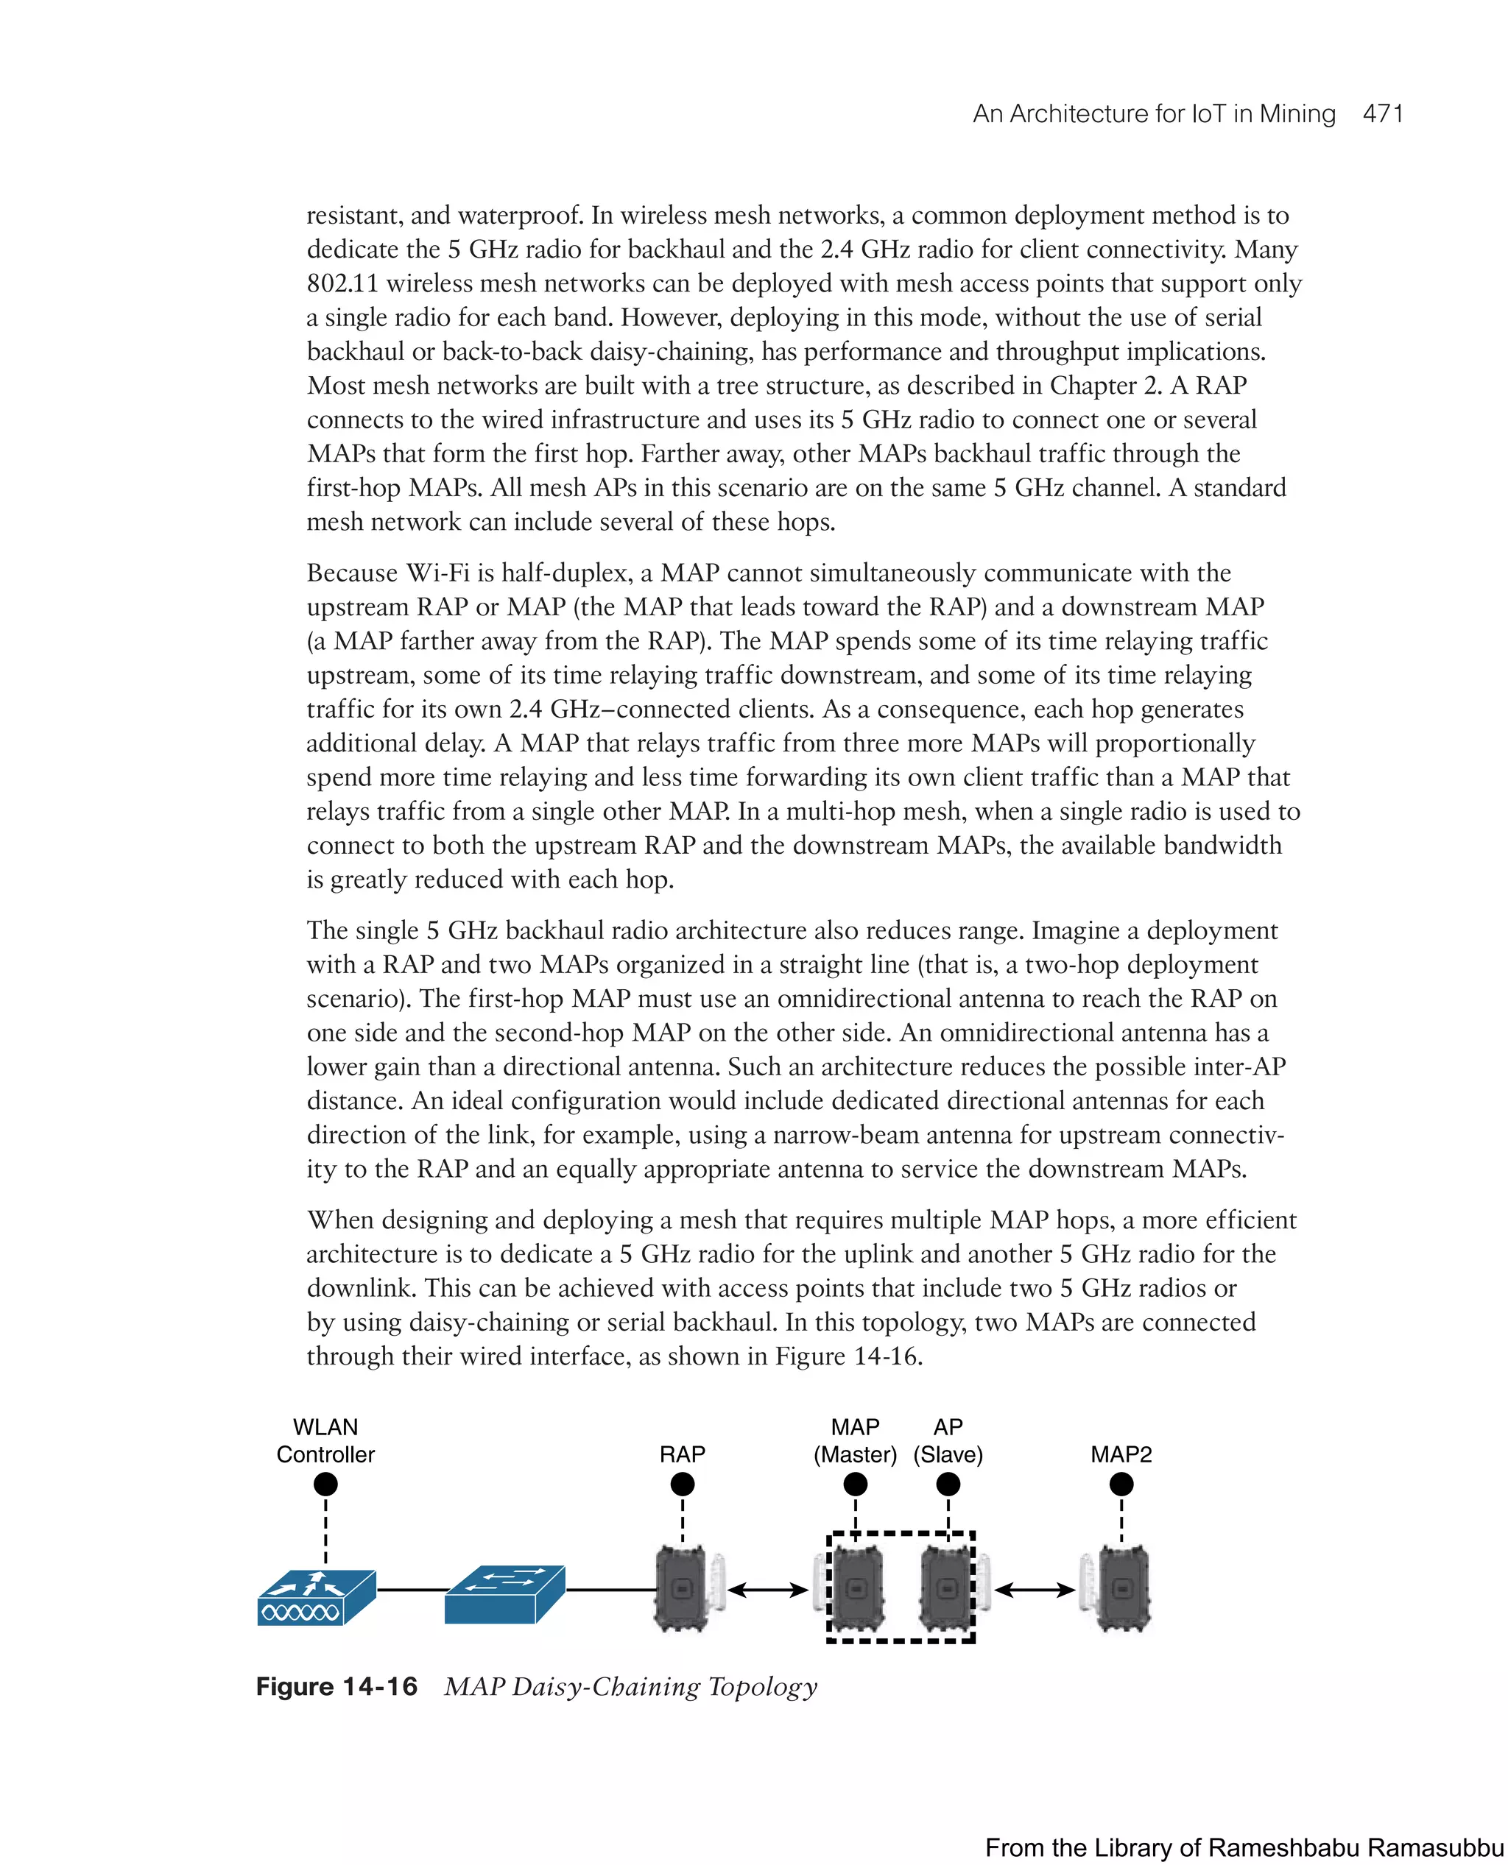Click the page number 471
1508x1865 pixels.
pos(1383,114)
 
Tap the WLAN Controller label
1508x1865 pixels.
pos(325,1440)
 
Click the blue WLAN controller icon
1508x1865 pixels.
pos(316,1598)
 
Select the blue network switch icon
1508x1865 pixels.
pos(504,1594)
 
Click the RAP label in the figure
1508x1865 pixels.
pos(682,1454)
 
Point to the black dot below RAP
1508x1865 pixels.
pos(682,1484)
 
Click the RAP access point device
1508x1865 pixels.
pos(683,1588)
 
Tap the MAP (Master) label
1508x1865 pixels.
pos(855,1441)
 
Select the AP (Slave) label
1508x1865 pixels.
pos(948,1441)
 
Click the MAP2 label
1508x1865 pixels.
pos(1121,1454)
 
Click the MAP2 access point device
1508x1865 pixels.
pos(1123,1588)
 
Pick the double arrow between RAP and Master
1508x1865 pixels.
pos(768,1590)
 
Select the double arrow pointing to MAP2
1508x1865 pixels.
pos(1035,1590)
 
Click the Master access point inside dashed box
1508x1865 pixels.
pos(856,1588)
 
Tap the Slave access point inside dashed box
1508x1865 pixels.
pos(948,1588)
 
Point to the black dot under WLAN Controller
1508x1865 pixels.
pos(325,1484)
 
